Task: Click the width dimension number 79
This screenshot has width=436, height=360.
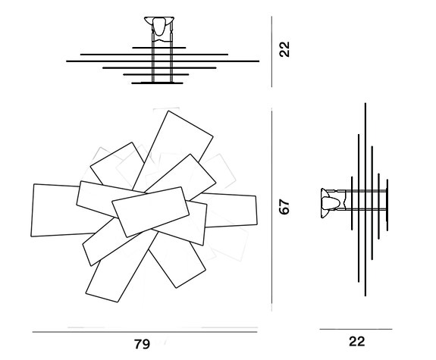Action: tap(142, 344)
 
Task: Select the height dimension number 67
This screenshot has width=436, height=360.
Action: tap(284, 207)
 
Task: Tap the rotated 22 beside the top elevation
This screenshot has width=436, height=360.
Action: tap(284, 49)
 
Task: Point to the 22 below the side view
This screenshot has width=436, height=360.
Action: tap(356, 341)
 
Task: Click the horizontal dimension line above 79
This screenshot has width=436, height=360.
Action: tap(145, 332)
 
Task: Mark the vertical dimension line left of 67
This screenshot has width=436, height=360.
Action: tap(271, 210)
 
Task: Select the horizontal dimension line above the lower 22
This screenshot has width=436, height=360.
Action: tap(356, 329)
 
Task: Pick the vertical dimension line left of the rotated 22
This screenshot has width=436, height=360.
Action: tap(271, 52)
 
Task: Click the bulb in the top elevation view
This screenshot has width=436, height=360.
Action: tap(158, 27)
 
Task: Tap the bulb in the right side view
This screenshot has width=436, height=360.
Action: tap(331, 203)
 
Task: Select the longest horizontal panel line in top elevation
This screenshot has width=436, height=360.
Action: tap(163, 61)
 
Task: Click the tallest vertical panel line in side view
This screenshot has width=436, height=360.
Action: tap(365, 199)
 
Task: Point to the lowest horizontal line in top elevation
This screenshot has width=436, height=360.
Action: tap(157, 83)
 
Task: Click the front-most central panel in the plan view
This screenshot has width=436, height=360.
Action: tap(150, 211)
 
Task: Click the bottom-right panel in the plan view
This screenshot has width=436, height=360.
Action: tap(177, 260)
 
